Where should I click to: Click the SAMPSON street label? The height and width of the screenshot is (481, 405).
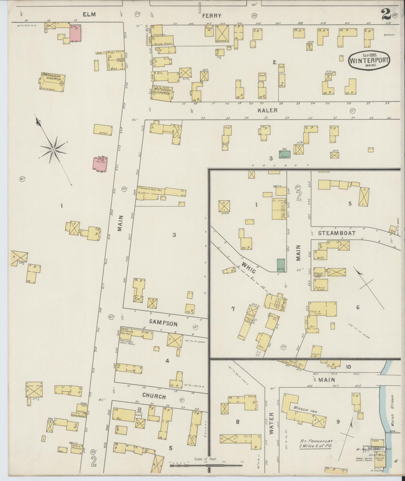[160, 323]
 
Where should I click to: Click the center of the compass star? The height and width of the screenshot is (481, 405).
[53, 150]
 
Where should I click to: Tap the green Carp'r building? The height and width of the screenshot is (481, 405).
[285, 154]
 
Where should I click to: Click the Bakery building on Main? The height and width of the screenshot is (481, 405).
[320, 285]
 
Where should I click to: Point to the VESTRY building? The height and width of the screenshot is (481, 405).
[103, 130]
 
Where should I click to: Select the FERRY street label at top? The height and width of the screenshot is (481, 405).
[212, 16]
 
